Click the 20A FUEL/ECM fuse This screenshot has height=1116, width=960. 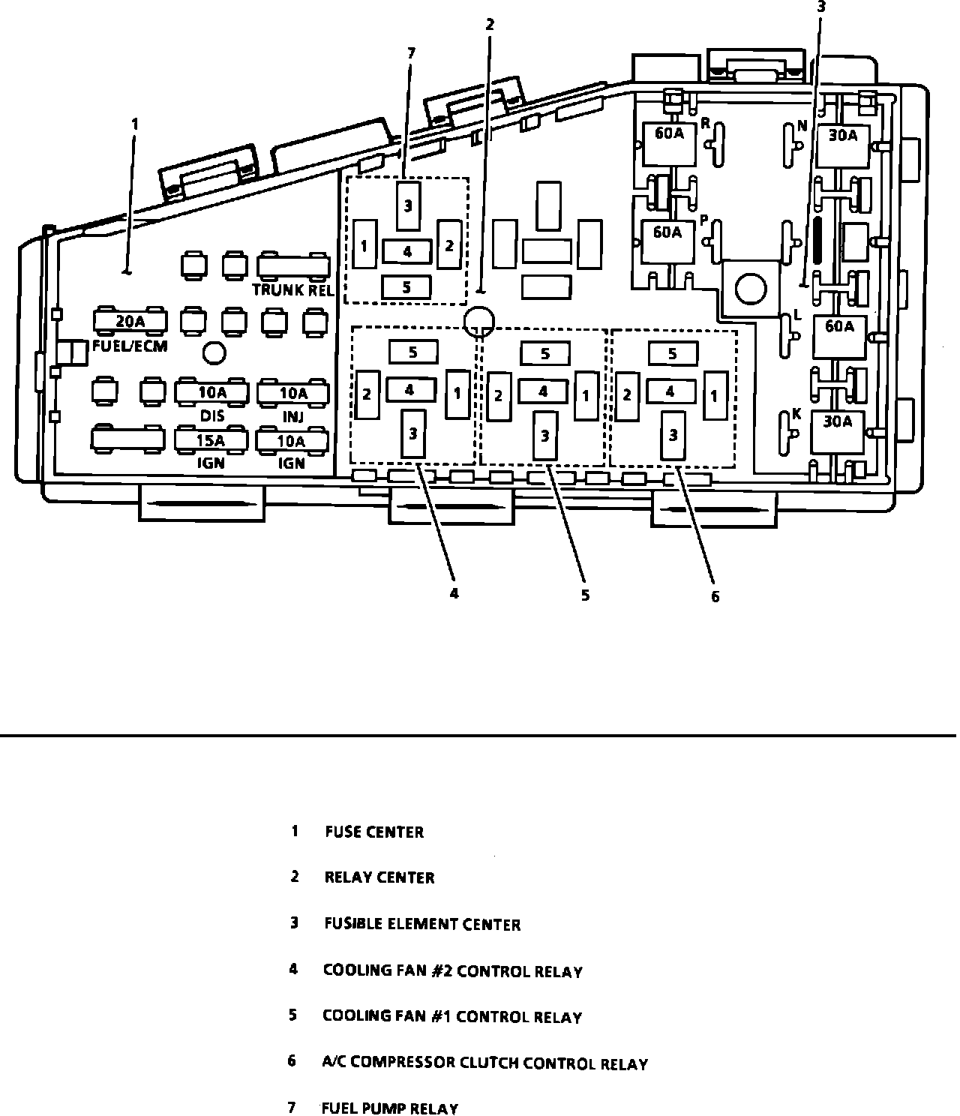tap(130, 322)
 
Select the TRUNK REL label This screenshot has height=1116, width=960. tap(293, 290)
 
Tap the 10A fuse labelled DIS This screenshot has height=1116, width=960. tap(212, 392)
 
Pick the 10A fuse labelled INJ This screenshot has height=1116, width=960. tap(293, 392)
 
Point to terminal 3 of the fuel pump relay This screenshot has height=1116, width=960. tap(407, 205)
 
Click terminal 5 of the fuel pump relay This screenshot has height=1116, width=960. tap(406, 286)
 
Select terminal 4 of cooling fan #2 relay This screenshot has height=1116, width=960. tap(409, 390)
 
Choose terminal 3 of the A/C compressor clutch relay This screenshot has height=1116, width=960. tap(673, 435)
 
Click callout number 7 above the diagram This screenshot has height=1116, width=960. tap(410, 53)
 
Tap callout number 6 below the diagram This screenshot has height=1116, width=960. tap(715, 597)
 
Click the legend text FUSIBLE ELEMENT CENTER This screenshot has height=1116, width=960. tap(422, 924)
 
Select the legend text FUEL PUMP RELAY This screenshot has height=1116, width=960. tap(389, 1108)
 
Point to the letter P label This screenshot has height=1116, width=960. tap(704, 220)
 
